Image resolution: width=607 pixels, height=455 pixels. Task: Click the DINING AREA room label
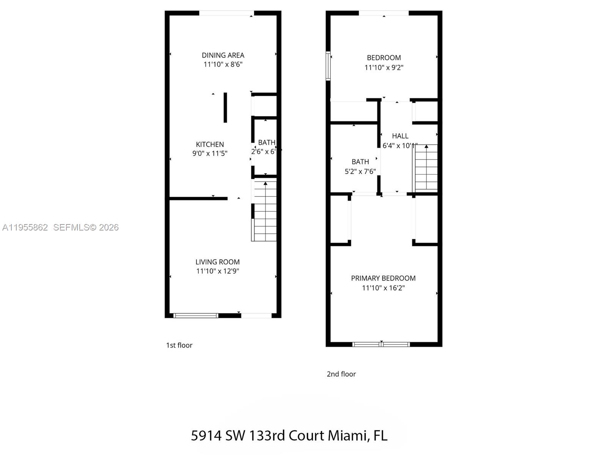point(223,55)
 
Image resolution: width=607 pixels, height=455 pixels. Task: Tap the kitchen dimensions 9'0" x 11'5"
point(210,154)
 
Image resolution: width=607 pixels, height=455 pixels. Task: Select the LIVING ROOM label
point(217,262)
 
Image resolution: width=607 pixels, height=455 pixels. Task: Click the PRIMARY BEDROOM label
point(383,278)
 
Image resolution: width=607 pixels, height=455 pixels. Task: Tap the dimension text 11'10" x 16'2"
point(383,288)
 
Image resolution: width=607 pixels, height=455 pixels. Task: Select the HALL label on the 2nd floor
point(400,136)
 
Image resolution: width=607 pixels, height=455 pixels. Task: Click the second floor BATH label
point(360,162)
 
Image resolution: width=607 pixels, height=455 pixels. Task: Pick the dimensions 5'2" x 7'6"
point(360,171)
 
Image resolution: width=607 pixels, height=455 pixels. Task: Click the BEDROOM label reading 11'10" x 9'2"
point(384,58)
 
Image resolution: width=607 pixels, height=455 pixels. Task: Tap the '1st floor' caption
point(179,345)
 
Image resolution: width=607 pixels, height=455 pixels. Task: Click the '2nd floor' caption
point(341,374)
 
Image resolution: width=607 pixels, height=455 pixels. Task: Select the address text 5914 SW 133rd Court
point(258,436)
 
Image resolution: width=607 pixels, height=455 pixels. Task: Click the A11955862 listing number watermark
point(25,227)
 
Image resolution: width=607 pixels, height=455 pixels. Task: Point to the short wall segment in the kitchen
point(225,108)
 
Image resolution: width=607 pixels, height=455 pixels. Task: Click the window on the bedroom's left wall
point(328,66)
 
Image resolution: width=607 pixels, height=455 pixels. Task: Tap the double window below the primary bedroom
point(381,344)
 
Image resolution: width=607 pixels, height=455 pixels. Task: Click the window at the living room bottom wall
point(196,315)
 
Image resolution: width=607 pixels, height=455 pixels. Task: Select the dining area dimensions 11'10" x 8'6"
point(223,64)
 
